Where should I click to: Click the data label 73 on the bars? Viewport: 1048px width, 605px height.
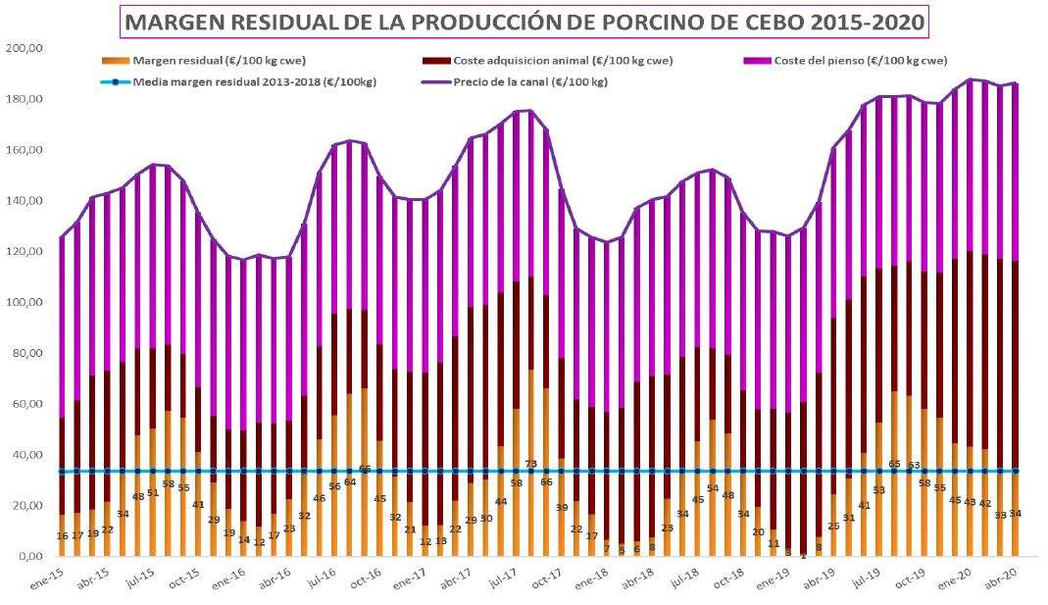[x=530, y=464]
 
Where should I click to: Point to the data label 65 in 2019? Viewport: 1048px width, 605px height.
[x=894, y=464]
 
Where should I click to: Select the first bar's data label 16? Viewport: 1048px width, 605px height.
[x=63, y=535]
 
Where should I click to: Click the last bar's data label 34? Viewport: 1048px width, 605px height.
[x=1015, y=514]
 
